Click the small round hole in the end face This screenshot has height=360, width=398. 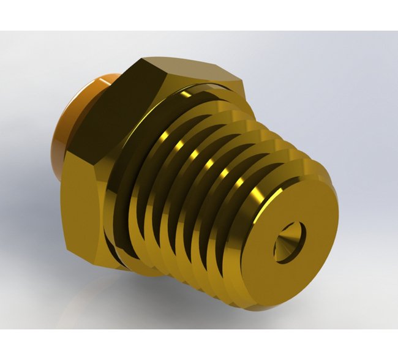288,242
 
